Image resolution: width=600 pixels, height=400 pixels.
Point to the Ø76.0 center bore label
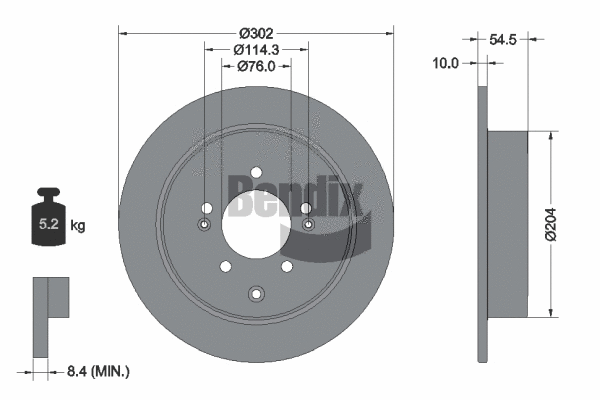coord(256,66)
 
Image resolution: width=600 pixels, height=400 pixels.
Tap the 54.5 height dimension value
coord(505,40)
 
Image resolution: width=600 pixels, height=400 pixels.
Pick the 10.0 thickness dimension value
coord(446,63)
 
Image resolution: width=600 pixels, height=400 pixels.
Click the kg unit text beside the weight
coord(78,226)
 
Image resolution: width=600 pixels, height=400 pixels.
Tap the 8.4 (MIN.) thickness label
coord(97,372)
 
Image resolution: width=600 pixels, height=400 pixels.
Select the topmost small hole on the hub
coord(256,171)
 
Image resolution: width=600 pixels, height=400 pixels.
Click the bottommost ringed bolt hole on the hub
coord(256,294)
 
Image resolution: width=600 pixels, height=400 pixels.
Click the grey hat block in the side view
coord(506,223)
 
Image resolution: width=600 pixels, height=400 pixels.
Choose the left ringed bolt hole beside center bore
coord(205,225)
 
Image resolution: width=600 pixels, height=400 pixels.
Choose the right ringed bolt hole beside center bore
coord(307,225)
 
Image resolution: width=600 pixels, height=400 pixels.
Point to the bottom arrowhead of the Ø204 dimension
coord(549,312)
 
